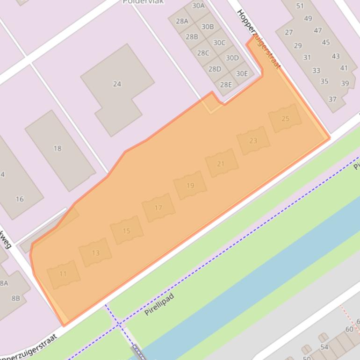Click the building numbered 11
point(63,274)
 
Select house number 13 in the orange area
point(95,253)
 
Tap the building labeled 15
point(127,230)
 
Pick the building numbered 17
point(158,208)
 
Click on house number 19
point(190,186)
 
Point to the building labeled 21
point(221,164)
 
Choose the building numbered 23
point(253,140)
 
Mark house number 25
point(285,119)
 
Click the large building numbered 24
point(117,84)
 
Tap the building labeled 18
point(58,149)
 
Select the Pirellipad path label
point(159,304)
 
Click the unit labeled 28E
point(226,85)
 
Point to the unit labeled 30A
point(198,6)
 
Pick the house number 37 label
point(332,99)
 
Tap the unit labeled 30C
point(219,43)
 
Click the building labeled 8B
point(15,298)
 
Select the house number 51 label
point(300,6)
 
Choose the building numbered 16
point(19,199)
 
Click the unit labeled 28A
point(182,21)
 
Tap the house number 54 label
point(324,347)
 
